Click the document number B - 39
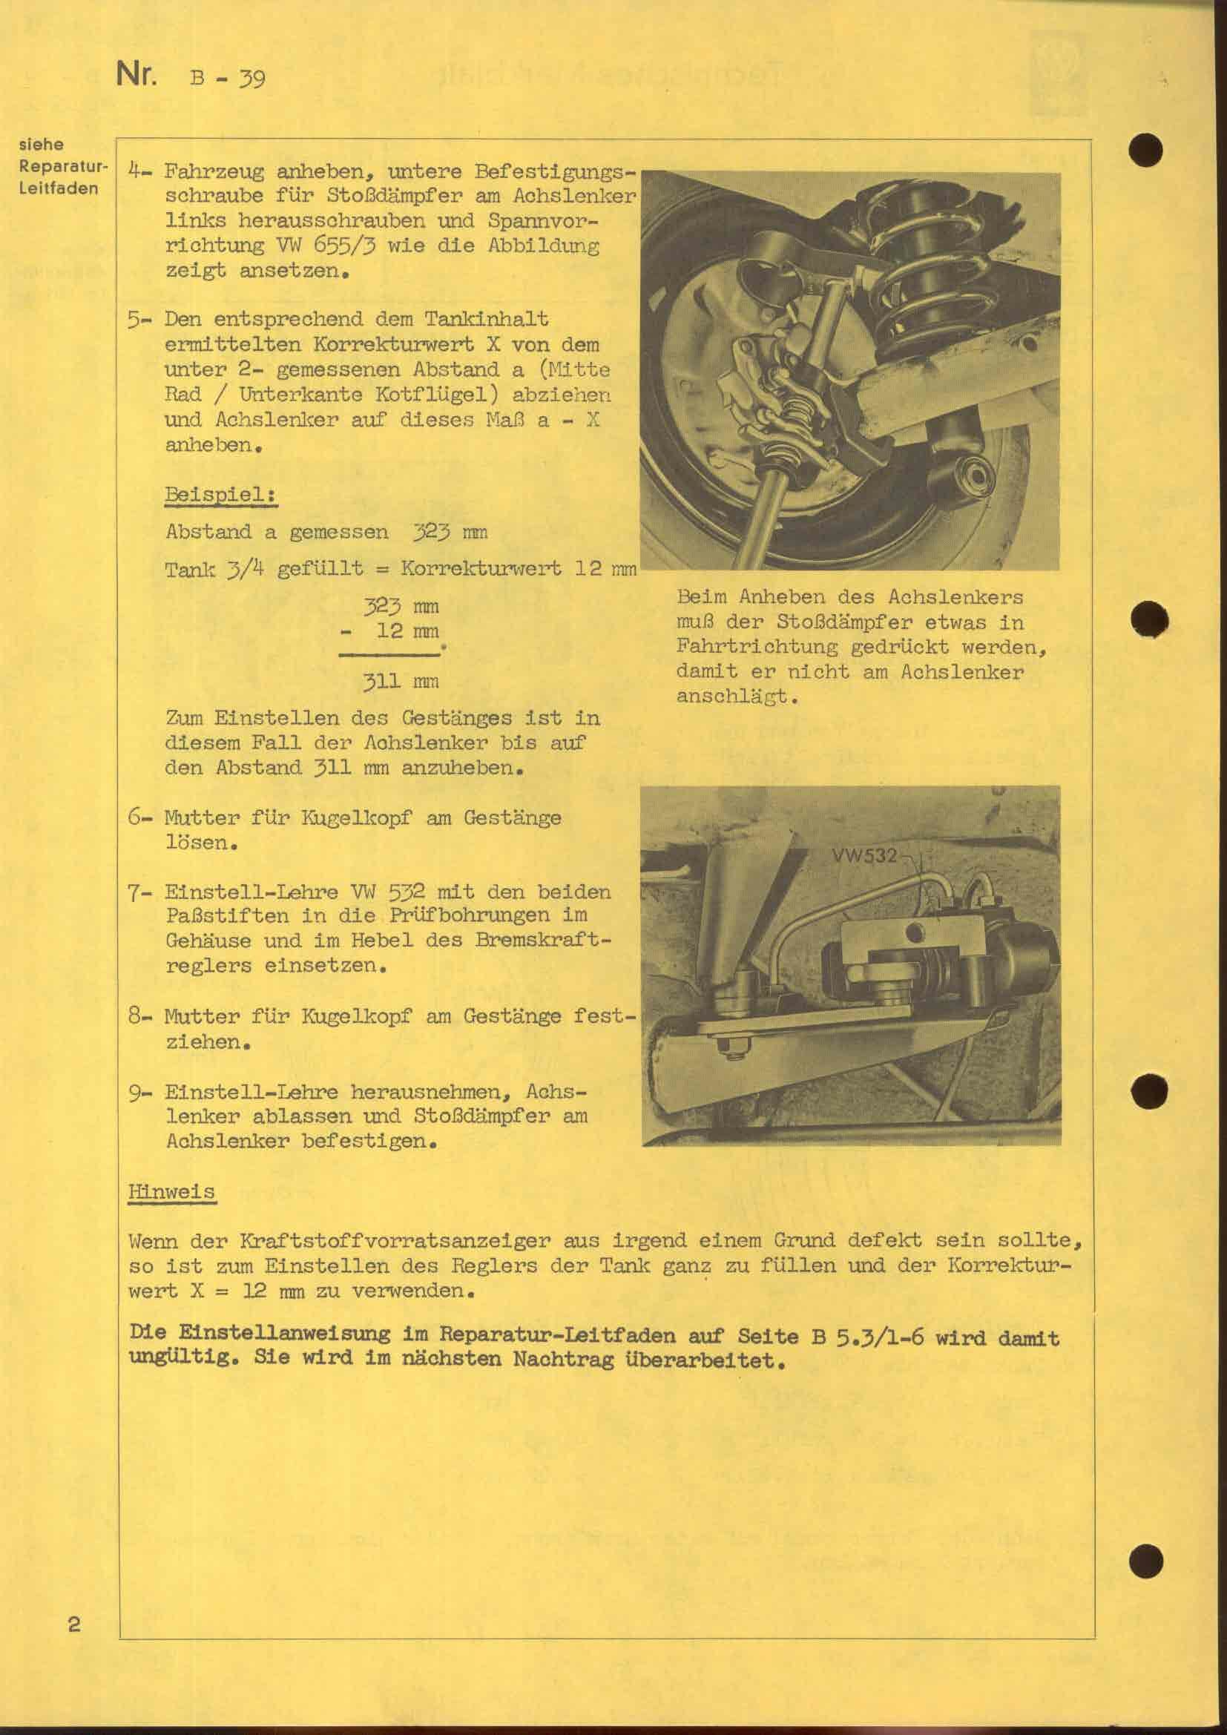[228, 78]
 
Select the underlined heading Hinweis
[171, 1192]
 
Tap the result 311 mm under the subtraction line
[401, 682]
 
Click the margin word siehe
[41, 144]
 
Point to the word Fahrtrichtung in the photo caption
[757, 647]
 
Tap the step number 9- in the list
[137, 1092]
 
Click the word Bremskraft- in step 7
[542, 941]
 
